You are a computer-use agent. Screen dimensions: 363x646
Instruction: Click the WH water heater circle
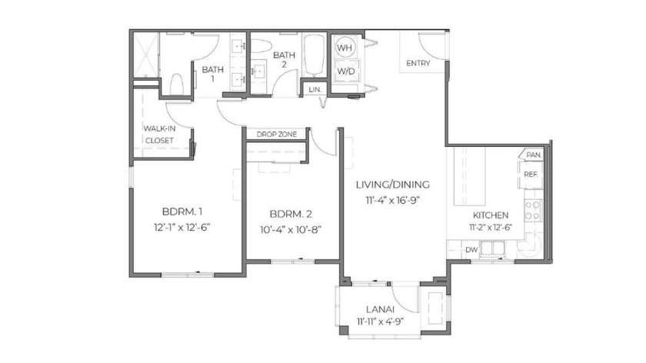click(345, 47)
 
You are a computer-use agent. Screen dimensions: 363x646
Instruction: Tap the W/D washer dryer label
click(345, 72)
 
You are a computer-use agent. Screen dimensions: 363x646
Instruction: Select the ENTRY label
click(418, 63)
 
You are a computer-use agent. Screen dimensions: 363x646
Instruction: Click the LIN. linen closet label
click(314, 90)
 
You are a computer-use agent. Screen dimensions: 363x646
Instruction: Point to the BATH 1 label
click(212, 74)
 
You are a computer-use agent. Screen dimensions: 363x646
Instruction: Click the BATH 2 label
click(285, 59)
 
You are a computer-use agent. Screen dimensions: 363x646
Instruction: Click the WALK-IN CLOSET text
click(159, 134)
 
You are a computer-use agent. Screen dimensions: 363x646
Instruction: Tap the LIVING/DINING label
click(392, 185)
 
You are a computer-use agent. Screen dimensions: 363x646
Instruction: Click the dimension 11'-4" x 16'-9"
click(392, 200)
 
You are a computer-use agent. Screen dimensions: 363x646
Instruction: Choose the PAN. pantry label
click(532, 155)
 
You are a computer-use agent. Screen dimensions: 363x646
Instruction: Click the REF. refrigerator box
click(531, 175)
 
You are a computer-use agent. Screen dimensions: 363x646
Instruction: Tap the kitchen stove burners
click(532, 208)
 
